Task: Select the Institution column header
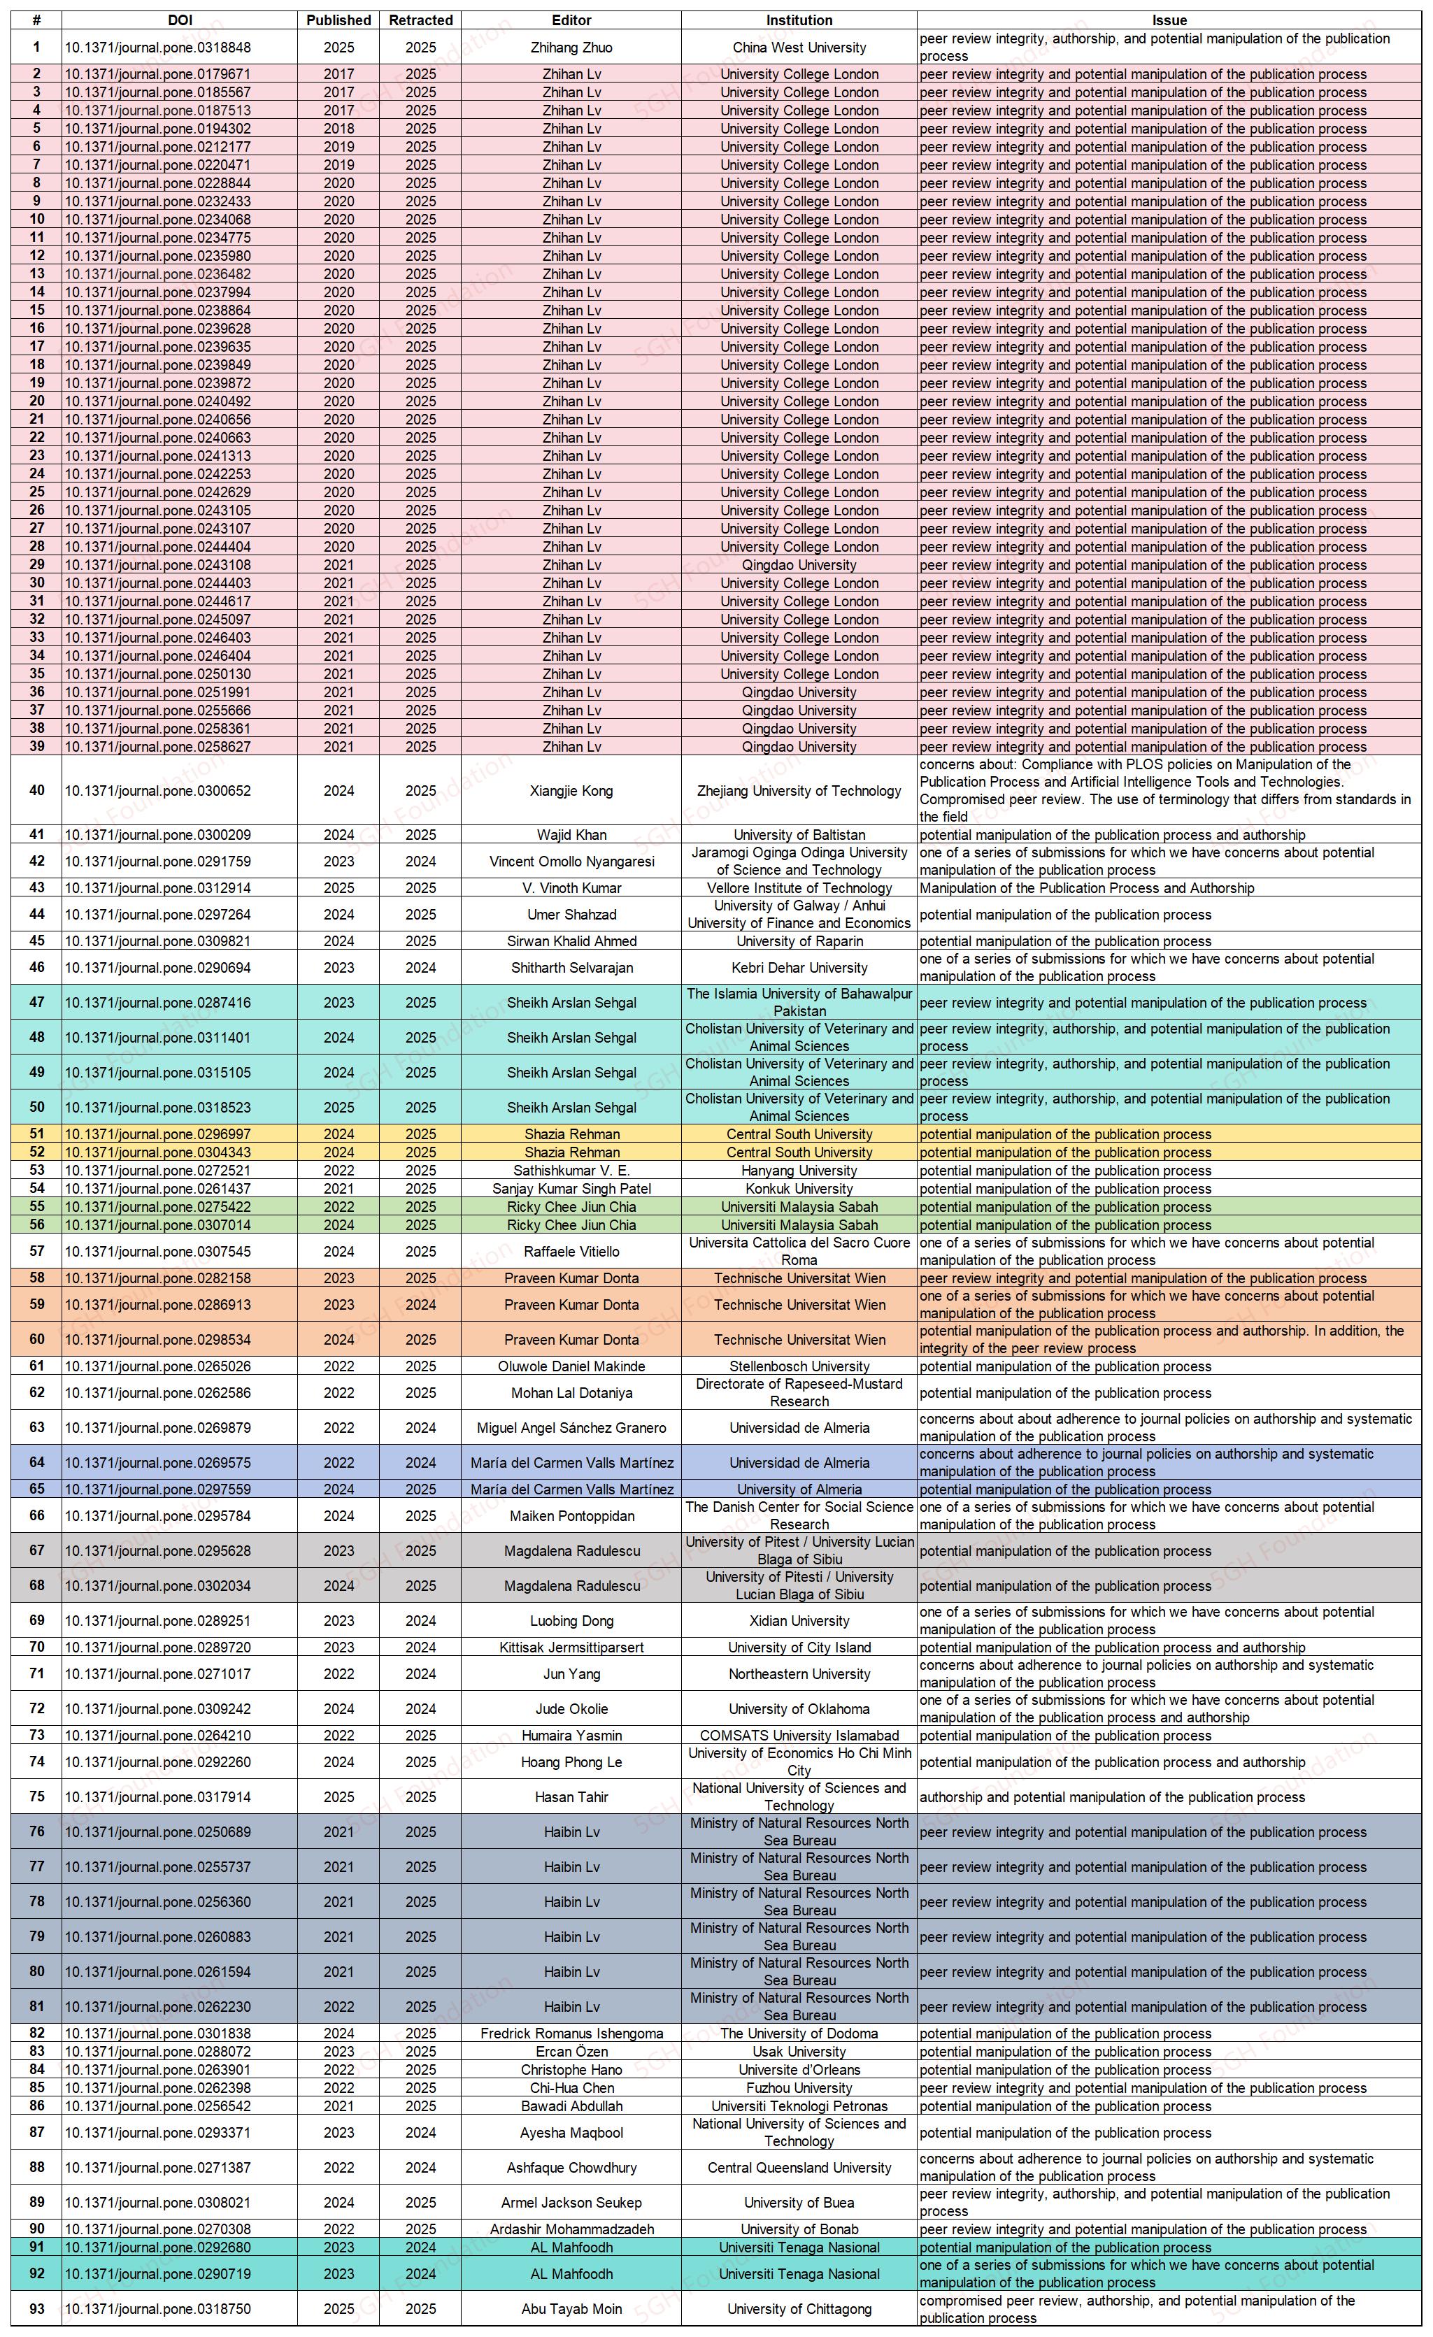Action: pos(799,20)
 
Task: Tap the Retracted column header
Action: pos(420,20)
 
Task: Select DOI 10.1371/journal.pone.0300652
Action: pos(157,791)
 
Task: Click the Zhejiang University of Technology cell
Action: pos(799,791)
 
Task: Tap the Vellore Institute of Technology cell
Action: pos(799,888)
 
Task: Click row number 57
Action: pos(37,1251)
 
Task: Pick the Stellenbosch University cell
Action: pos(799,1366)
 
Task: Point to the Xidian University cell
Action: pos(799,1621)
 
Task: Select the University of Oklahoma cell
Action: pos(799,1709)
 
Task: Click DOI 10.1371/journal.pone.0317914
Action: pos(157,1797)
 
